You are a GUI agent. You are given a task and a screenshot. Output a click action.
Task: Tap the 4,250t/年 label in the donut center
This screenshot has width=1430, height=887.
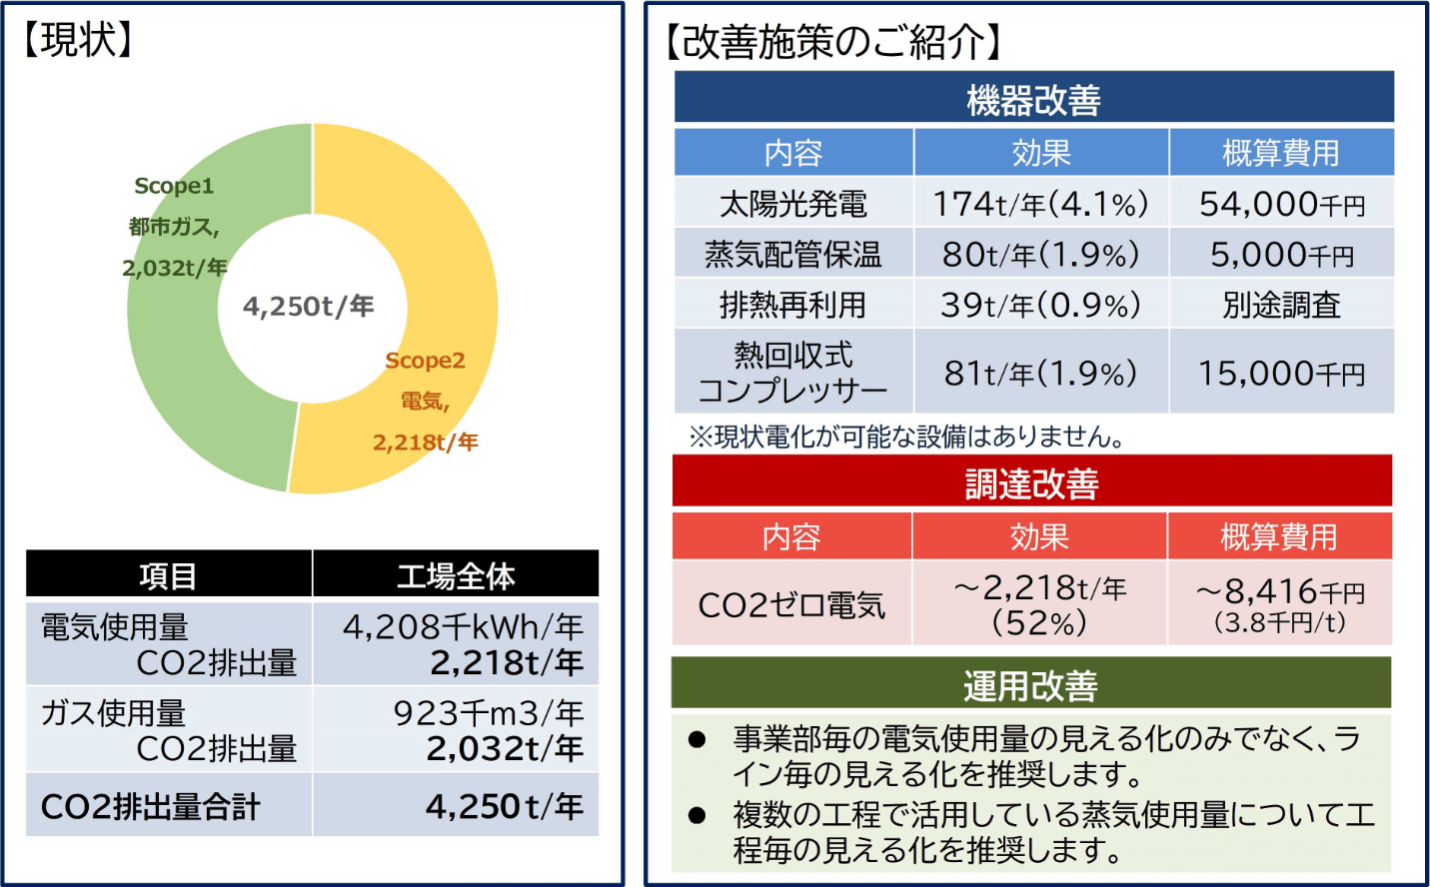click(x=308, y=307)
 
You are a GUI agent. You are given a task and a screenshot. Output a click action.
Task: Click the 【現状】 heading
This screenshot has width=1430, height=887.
click(x=78, y=40)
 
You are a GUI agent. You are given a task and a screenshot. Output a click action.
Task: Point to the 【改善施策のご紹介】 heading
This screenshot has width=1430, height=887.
click(x=833, y=42)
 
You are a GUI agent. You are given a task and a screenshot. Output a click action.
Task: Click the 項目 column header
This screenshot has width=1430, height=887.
click(x=168, y=575)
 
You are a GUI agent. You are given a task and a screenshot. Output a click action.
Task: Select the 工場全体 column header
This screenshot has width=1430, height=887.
click(x=456, y=575)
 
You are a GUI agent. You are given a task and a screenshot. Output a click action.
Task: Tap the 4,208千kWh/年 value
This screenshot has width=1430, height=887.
click(x=463, y=627)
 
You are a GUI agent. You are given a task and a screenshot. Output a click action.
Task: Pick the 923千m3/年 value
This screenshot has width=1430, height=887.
click(x=488, y=713)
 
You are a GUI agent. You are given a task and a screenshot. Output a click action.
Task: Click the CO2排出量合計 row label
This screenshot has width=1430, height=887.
click(x=150, y=806)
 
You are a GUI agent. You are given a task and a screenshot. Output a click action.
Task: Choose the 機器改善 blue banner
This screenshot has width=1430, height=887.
click(x=1033, y=99)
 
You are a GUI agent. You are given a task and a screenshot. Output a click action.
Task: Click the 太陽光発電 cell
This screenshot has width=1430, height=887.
click(x=793, y=204)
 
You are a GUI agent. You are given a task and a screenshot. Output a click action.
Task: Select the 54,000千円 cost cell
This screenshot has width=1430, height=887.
click(x=1281, y=204)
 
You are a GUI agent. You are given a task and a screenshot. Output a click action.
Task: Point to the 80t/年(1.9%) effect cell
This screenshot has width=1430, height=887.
click(x=1040, y=255)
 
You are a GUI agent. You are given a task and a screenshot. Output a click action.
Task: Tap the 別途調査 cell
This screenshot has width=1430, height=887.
click(x=1281, y=305)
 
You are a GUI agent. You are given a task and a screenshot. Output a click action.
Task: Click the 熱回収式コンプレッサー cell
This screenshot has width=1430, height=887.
click(x=793, y=372)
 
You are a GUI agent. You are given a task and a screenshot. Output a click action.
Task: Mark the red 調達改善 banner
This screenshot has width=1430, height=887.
click(x=1031, y=483)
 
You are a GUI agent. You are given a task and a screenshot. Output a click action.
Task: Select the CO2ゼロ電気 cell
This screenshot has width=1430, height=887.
click(x=791, y=604)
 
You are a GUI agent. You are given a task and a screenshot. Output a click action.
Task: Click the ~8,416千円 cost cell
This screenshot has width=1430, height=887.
click(x=1280, y=604)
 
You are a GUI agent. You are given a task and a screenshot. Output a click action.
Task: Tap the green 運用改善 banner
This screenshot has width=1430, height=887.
click(x=1030, y=685)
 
